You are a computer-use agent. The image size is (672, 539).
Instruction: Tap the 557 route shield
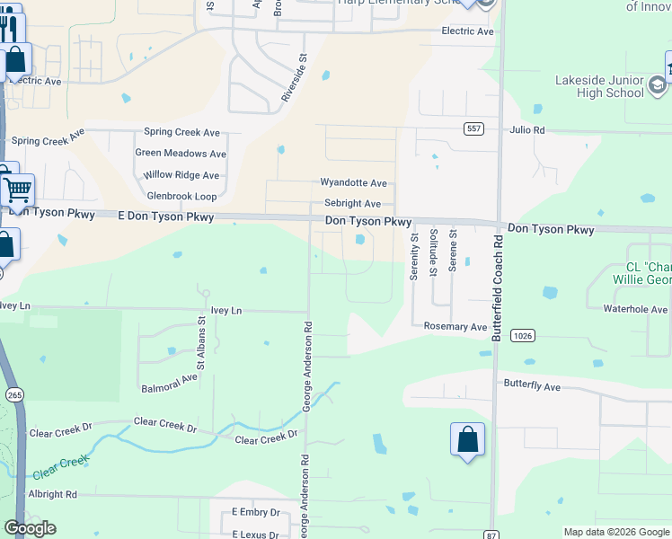474,129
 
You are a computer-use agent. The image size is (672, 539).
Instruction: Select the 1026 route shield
522,335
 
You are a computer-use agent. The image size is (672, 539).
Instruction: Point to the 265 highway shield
13,394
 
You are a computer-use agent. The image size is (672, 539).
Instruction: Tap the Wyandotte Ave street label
353,182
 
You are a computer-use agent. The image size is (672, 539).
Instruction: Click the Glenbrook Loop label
182,196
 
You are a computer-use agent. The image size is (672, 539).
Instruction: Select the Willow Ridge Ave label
181,175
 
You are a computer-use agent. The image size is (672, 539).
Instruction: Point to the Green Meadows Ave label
181,154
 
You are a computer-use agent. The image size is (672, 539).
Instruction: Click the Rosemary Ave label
455,327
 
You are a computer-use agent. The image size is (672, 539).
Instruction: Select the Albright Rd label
52,494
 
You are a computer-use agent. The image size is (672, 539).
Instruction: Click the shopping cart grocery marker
18,190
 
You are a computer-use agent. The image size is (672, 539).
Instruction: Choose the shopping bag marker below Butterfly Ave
467,439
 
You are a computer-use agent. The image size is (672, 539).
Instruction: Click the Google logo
30,528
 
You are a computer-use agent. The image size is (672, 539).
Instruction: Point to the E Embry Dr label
255,512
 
